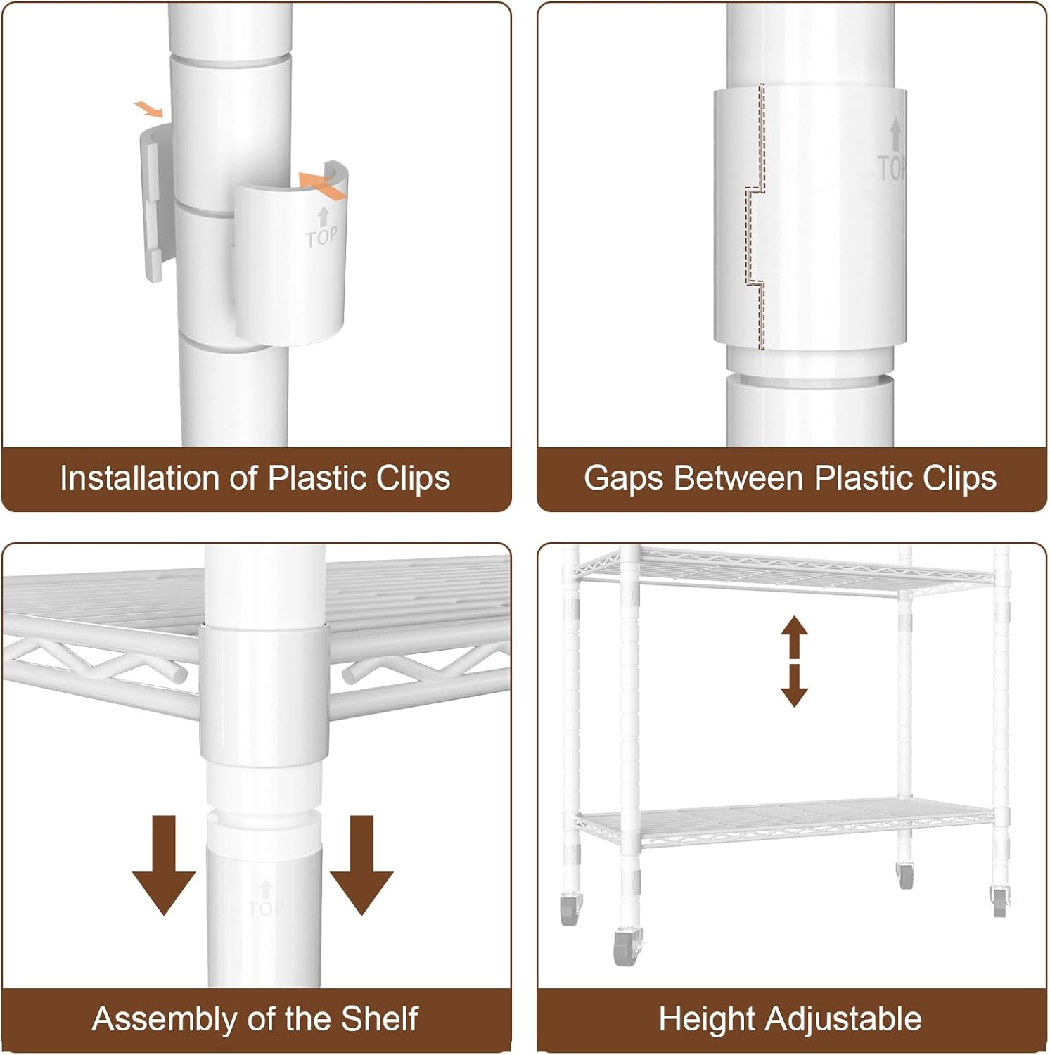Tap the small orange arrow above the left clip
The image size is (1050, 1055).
pyautogui.click(x=149, y=109)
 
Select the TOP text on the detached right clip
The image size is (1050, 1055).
pyautogui.click(x=322, y=237)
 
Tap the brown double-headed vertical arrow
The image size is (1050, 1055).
pyautogui.click(x=795, y=661)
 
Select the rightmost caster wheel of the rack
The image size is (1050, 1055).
pyautogui.click(x=999, y=900)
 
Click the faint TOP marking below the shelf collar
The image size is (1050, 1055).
pyautogui.click(x=265, y=900)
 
